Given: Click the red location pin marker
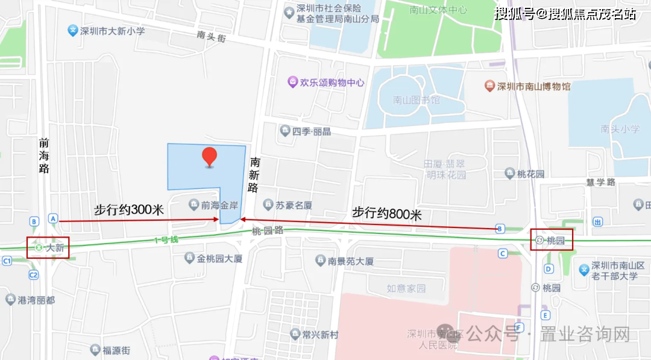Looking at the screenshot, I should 209,156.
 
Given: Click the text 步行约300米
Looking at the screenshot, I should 129,210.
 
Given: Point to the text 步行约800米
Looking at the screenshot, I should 387,213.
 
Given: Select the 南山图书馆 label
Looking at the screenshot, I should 416,100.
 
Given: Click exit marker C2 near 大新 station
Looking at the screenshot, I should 33,275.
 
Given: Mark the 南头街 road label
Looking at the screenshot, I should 211,36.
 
